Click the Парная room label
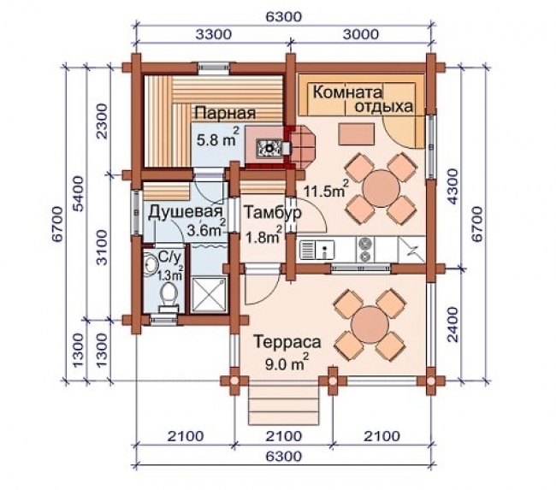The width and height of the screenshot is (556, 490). [x=225, y=113]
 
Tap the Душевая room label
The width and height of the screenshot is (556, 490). [x=186, y=212]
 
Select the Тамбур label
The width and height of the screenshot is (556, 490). [x=273, y=212]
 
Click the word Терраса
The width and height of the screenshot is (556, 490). [x=287, y=342]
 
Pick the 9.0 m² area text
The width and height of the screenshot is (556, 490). [x=287, y=362]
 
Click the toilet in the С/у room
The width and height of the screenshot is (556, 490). [x=169, y=297]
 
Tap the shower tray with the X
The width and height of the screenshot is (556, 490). [x=209, y=295]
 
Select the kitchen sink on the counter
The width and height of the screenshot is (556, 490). [x=317, y=250]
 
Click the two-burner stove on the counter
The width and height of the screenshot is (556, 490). [x=364, y=249]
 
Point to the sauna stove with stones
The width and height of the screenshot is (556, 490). [x=269, y=147]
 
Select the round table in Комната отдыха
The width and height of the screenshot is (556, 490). [x=382, y=188]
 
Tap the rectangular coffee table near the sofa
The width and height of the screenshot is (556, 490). [x=356, y=134]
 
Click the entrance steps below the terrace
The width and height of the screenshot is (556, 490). [x=284, y=405]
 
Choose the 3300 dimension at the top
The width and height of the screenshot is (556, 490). [x=214, y=34]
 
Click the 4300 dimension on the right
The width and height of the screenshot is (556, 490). [x=452, y=186]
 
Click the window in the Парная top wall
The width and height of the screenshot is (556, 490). [x=213, y=68]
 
